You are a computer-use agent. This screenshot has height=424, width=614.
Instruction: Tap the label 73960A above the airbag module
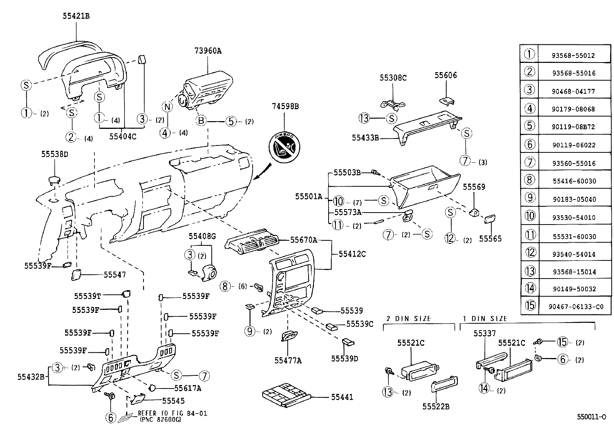tap(208, 51)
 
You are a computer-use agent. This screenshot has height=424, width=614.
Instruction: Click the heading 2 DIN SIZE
tap(409, 318)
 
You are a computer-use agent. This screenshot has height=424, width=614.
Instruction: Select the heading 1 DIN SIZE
tap(485, 318)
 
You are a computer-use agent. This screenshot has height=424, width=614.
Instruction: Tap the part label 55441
tap(342, 397)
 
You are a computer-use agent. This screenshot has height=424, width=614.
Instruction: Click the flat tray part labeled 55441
tap(286, 394)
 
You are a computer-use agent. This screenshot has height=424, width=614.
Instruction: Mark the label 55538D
tap(54, 154)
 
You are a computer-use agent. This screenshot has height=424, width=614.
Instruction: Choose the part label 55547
tap(115, 275)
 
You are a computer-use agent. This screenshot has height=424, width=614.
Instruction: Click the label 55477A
tap(288, 360)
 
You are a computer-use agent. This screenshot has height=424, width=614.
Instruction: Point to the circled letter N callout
tap(166, 107)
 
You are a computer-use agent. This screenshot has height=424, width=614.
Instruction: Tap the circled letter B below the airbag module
tap(201, 121)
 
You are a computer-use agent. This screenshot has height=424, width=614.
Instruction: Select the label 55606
tap(445, 75)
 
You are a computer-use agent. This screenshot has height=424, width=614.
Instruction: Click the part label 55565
tap(490, 239)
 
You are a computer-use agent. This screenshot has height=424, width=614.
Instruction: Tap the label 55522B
tap(435, 406)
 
